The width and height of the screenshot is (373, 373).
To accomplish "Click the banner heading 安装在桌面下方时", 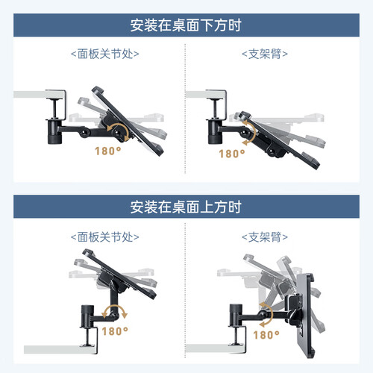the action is (x=186, y=25).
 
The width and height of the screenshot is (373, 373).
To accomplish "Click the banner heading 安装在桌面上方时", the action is (x=186, y=207).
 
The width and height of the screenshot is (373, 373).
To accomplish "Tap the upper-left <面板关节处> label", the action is (x=105, y=54).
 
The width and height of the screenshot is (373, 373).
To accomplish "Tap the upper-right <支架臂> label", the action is (x=265, y=54).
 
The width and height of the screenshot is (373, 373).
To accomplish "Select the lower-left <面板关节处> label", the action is (x=105, y=237).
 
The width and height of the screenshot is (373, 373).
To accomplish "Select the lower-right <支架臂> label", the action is (x=265, y=237).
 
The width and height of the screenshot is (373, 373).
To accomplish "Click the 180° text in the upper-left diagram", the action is (x=108, y=151).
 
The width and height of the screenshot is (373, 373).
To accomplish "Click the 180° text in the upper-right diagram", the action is (x=232, y=154).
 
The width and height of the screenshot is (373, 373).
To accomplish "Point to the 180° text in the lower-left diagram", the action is (x=115, y=331).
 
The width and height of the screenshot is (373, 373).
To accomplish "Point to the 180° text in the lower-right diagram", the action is (x=266, y=335).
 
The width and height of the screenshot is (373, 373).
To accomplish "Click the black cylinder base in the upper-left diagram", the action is (x=54, y=131).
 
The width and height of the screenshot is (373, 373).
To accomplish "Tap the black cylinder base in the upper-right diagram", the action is (x=215, y=131).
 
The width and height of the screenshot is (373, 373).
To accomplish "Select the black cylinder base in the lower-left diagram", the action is (x=87, y=316).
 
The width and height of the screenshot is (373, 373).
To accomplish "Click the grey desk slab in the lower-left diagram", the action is (x=60, y=349).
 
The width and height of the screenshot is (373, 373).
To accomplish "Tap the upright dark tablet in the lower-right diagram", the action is (x=305, y=316).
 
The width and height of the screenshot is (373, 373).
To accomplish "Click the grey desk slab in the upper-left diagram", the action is (x=39, y=94).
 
